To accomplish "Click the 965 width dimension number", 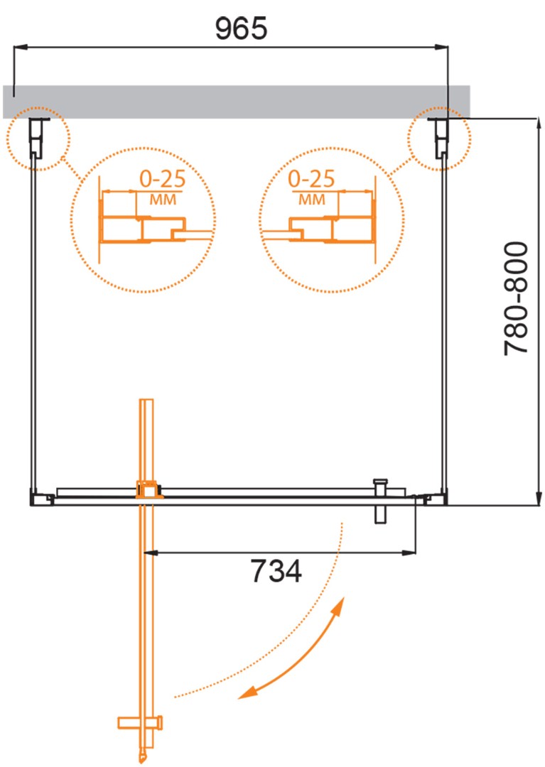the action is (241, 28).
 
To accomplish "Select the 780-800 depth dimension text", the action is (516, 298).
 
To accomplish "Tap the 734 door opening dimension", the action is (276, 571).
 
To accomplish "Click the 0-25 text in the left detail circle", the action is (163, 179).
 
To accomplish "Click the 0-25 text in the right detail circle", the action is (311, 179).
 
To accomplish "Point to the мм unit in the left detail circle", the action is (163, 200).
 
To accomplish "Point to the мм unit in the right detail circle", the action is (312, 200).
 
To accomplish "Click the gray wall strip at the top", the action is (237, 102).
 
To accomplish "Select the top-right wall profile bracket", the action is (441, 138).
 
